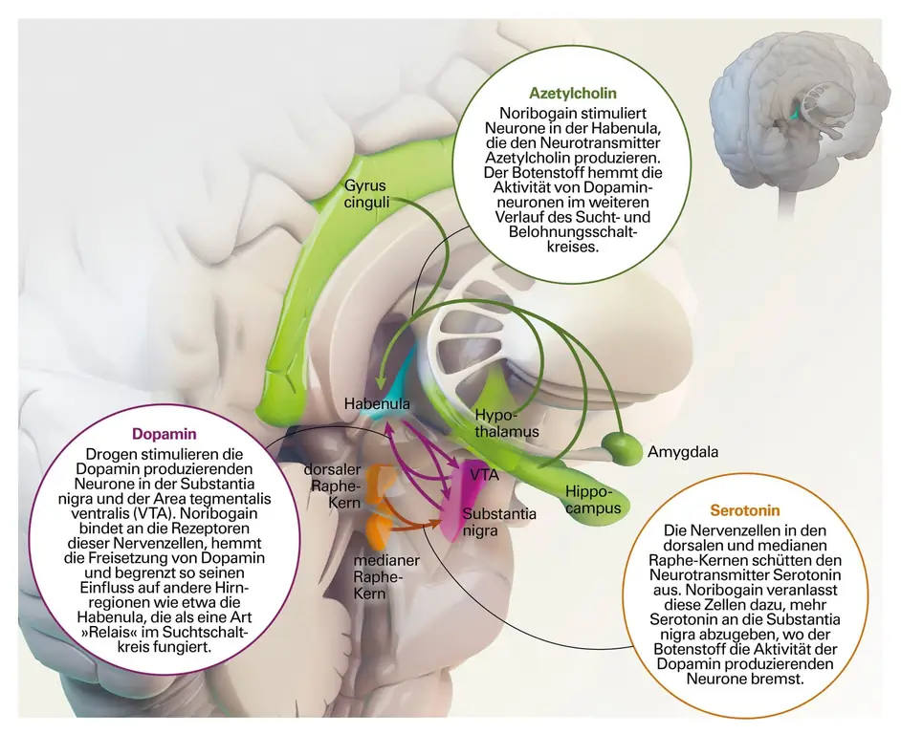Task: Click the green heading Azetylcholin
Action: pyautogui.click(x=572, y=94)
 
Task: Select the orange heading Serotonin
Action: pyautogui.click(x=744, y=510)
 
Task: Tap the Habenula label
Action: pyautogui.click(x=377, y=404)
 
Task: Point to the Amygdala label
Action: pyautogui.click(x=682, y=451)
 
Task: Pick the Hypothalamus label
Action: pyautogui.click(x=506, y=423)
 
